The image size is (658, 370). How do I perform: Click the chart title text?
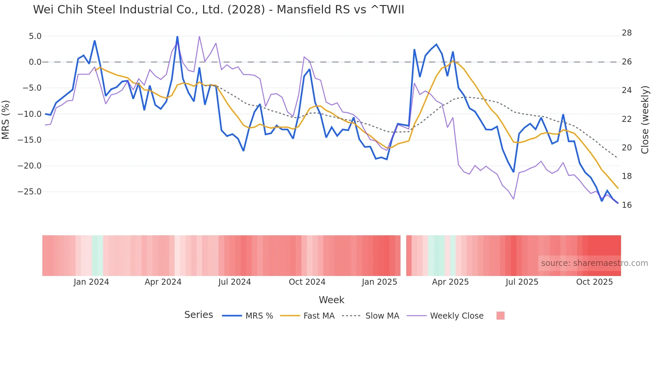click(219, 10)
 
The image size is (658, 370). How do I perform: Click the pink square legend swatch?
click(500, 316)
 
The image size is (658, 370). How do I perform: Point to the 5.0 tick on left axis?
click(35, 36)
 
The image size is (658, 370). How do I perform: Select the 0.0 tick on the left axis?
click(35, 62)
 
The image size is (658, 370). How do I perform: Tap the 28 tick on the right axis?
click(626, 33)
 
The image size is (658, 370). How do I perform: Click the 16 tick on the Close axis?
click(626, 205)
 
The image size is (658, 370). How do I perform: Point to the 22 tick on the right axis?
click(626, 119)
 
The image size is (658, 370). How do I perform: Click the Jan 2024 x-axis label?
click(91, 282)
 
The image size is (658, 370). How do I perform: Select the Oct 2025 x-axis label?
click(594, 282)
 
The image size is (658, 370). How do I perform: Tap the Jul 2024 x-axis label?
click(234, 282)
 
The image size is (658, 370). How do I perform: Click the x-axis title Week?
click(331, 300)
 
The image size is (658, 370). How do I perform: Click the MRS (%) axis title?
click(6, 120)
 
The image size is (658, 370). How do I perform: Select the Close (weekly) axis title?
click(645, 120)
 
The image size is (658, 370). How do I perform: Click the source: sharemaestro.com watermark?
click(594, 263)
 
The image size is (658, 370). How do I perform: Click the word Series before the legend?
click(198, 315)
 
